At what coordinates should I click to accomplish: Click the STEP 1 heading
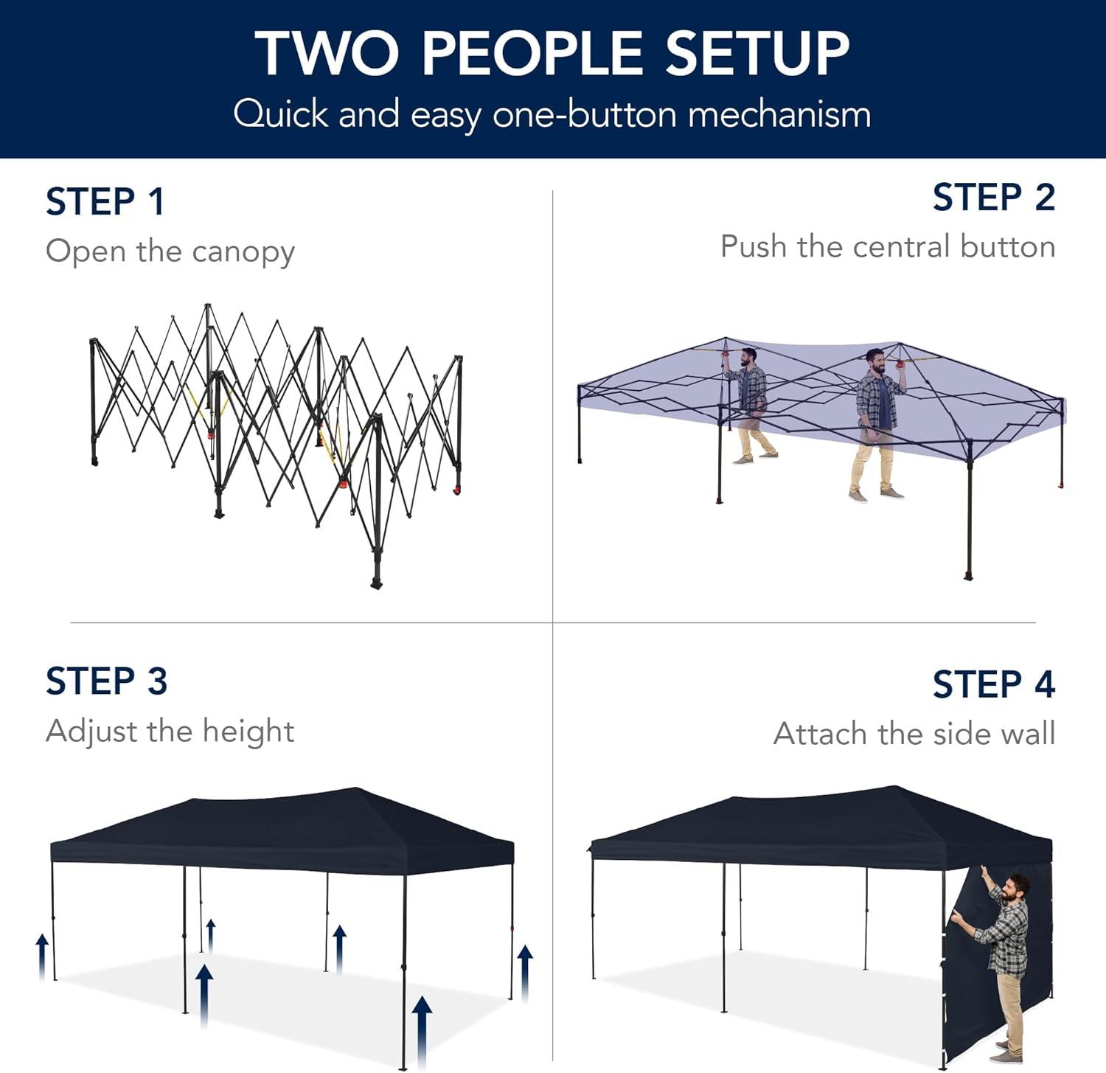[x=105, y=202]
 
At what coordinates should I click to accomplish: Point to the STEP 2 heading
[x=994, y=198]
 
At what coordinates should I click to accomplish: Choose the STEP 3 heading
[x=106, y=681]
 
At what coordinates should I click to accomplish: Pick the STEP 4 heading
[x=994, y=684]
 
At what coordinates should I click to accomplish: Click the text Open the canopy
[x=170, y=252]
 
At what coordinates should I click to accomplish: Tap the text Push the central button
[x=888, y=246]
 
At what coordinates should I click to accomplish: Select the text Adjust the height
[x=170, y=732]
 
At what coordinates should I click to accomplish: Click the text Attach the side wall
[x=914, y=734]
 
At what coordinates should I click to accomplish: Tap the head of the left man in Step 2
[x=748, y=358]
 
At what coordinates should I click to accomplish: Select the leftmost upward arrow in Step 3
[x=43, y=956]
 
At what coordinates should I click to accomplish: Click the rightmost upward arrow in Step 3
[x=525, y=973]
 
